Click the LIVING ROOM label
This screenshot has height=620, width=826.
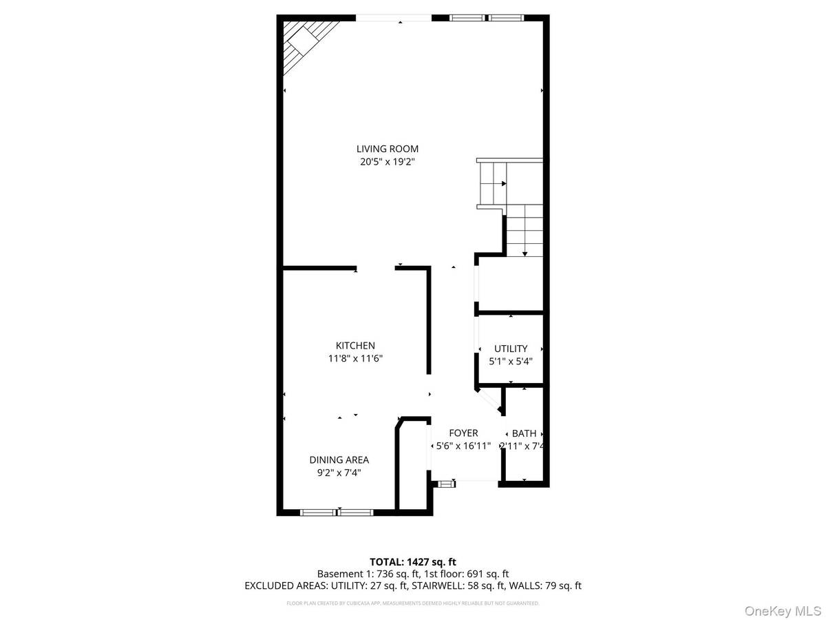387,149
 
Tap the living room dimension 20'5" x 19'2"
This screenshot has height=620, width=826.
387,162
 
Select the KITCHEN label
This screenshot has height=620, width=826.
355,346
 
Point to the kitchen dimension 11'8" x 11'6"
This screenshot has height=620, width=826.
355,359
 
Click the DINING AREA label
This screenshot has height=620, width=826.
339,460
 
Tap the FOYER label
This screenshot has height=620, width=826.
463,433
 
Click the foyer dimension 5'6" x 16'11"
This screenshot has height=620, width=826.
463,446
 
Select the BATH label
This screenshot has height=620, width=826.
524,433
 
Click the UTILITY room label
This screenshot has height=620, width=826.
511,349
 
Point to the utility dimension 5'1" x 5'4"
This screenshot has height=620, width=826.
511,361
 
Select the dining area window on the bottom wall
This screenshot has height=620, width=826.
337,512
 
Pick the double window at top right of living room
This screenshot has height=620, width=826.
487,18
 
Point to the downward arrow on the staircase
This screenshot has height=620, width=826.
525,252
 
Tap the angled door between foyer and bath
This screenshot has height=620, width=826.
490,402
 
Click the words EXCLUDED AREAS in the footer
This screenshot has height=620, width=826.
279,586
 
